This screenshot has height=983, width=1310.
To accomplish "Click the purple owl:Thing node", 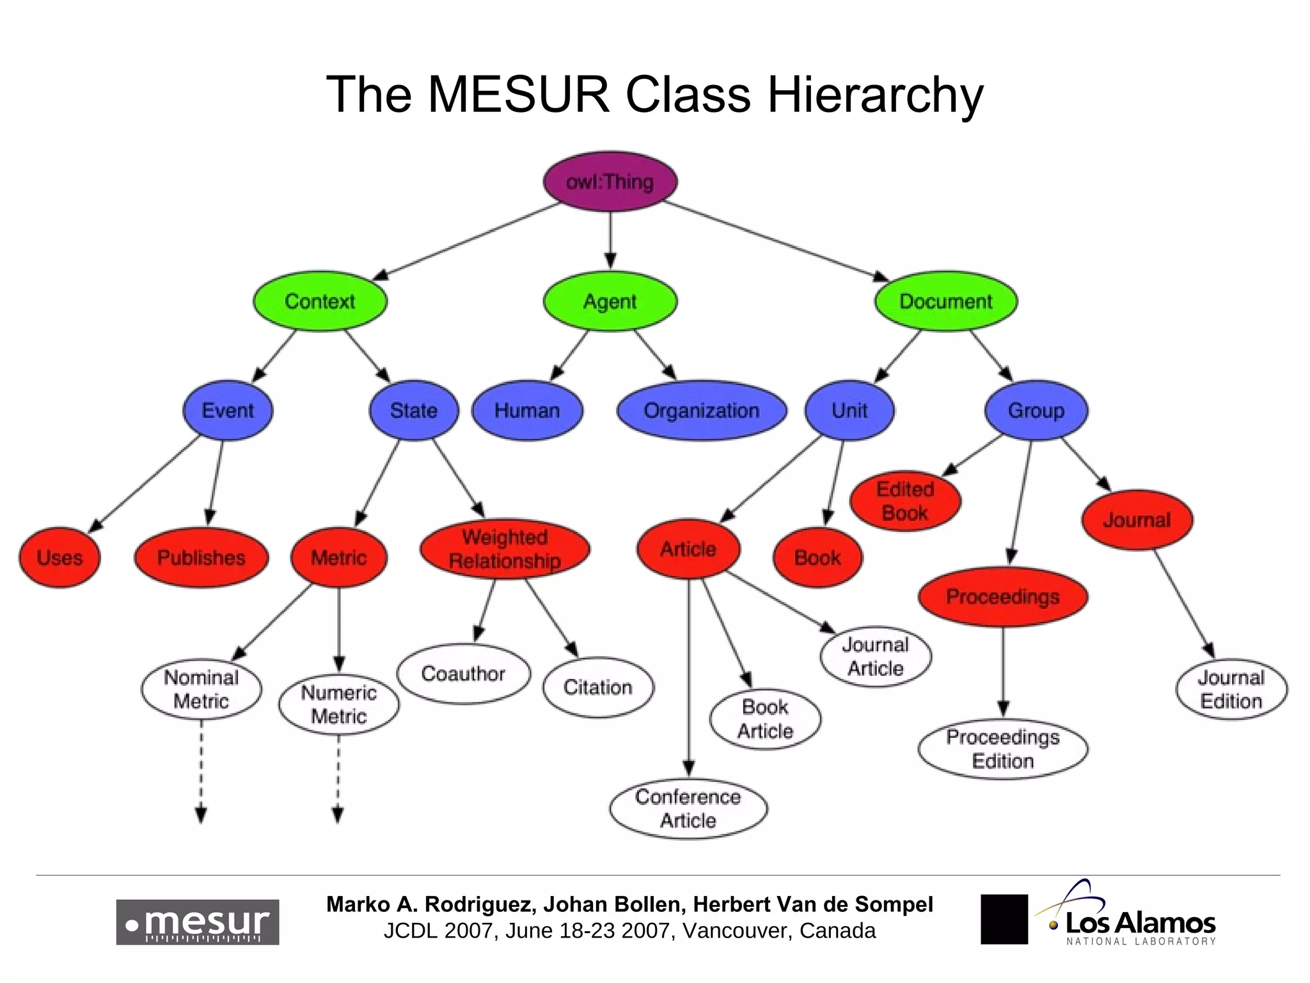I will click(x=610, y=182).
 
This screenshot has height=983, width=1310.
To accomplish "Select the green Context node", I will click(x=319, y=301).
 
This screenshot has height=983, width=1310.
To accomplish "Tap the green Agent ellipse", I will click(x=610, y=301).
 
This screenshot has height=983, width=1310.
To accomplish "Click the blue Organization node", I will click(x=701, y=410).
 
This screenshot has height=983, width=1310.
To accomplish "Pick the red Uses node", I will click(x=59, y=557).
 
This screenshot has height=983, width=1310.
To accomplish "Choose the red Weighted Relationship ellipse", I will click(x=505, y=548).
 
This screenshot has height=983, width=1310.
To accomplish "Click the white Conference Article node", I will click(x=688, y=808).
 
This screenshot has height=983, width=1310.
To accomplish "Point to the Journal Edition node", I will click(x=1231, y=689).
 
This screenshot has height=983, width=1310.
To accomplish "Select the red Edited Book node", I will click(x=904, y=501).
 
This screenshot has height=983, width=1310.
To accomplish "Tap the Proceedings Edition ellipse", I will click(x=1002, y=749).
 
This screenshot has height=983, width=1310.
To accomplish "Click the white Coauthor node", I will click(x=463, y=674).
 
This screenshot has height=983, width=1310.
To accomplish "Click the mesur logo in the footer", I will click(x=197, y=922).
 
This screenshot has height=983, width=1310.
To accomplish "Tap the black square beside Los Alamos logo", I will click(x=1004, y=919).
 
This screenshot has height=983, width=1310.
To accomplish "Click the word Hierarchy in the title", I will click(x=874, y=95).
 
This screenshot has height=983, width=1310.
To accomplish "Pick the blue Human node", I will click(x=527, y=410).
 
